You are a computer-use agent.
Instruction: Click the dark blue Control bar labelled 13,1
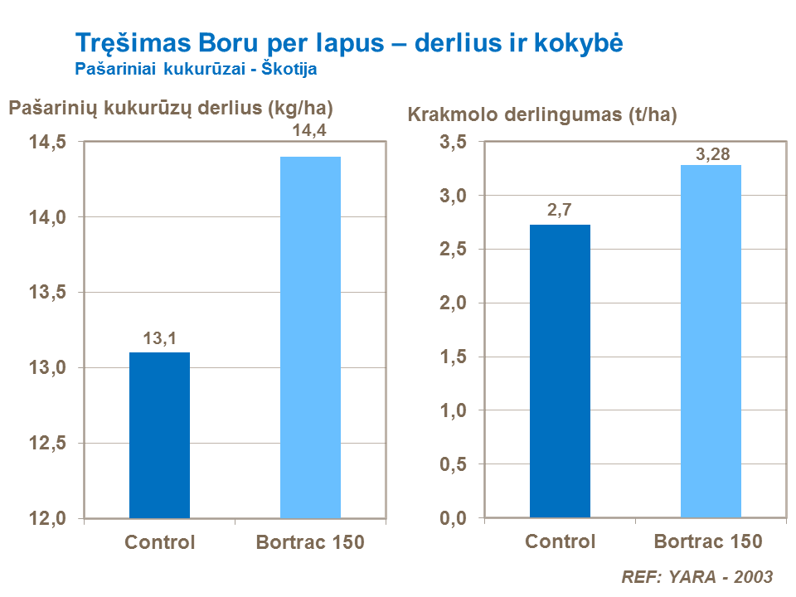[159, 435]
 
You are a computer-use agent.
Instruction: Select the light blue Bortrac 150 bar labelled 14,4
[310, 337]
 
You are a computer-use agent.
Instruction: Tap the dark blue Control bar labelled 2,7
[560, 371]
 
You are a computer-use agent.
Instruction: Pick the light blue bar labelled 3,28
[711, 342]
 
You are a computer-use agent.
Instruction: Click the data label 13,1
[160, 338]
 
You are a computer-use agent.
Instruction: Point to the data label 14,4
[310, 130]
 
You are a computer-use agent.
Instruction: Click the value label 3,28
[711, 154]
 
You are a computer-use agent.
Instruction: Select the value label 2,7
[560, 211]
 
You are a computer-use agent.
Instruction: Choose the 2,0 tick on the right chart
[454, 303]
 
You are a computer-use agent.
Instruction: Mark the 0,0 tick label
[454, 519]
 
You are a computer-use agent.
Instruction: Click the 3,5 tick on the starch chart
[454, 143]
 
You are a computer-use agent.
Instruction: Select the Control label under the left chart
[160, 543]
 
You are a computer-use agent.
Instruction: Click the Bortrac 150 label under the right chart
[708, 542]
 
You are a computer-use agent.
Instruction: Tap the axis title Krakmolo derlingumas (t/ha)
[542, 115]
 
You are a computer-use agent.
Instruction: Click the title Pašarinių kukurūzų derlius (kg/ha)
[176, 107]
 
